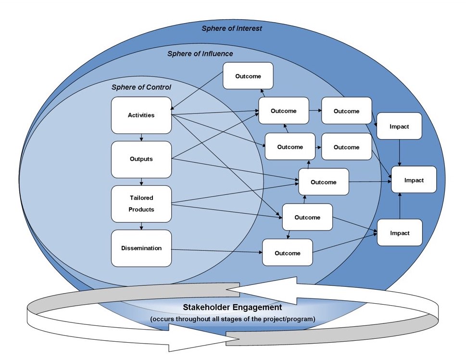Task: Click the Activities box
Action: click(141, 115)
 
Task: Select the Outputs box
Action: click(141, 159)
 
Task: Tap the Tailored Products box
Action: click(141, 204)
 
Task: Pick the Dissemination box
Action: click(141, 248)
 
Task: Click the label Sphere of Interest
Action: click(232, 28)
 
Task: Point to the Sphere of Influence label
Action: click(200, 53)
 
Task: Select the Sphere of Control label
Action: click(141, 87)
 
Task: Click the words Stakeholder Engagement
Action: click(232, 307)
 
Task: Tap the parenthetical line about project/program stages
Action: click(232, 319)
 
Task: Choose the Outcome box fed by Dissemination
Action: click(288, 253)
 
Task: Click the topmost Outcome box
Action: click(248, 76)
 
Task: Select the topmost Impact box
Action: click(400, 127)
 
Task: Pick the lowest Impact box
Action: click(400, 233)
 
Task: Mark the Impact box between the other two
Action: click(414, 180)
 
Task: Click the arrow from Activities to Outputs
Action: click(141, 137)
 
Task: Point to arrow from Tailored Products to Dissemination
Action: click(141, 226)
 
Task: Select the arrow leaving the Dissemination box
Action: click(216, 250)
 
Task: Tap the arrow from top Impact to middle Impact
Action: click(400, 153)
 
